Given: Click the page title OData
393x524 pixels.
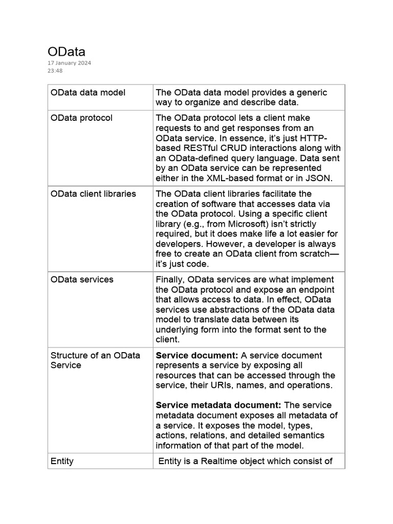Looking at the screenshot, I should pyautogui.click(x=67, y=52).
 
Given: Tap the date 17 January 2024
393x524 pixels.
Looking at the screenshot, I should pyautogui.click(x=69, y=63).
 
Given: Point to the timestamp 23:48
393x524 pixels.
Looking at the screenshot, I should pyautogui.click(x=55, y=71).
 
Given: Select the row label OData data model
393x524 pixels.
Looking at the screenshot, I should pyautogui.click(x=88, y=93).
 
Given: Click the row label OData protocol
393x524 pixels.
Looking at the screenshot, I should pyautogui.click(x=81, y=118).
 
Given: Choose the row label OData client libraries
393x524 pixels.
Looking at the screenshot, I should pyautogui.click(x=93, y=194).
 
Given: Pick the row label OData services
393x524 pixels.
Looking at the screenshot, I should pyautogui.click(x=82, y=279).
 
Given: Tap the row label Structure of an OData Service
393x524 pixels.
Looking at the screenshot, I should pyautogui.click(x=95, y=360).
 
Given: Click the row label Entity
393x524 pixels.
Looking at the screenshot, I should pyautogui.click(x=62, y=461).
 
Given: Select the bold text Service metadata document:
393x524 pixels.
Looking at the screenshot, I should pyautogui.click(x=219, y=405).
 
